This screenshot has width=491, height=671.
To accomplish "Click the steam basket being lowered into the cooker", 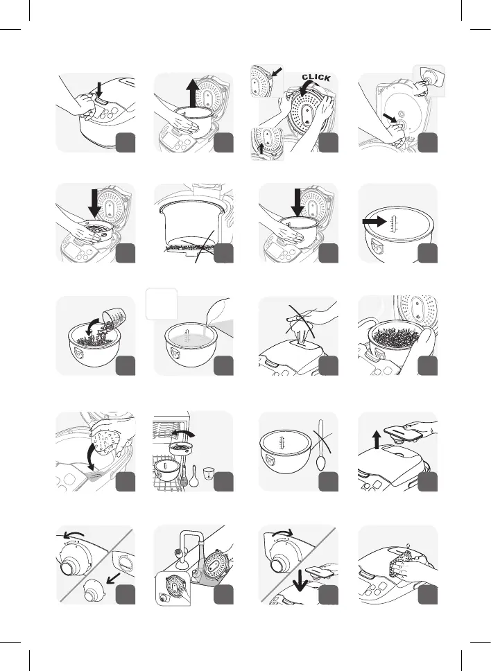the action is tap(97, 226).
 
